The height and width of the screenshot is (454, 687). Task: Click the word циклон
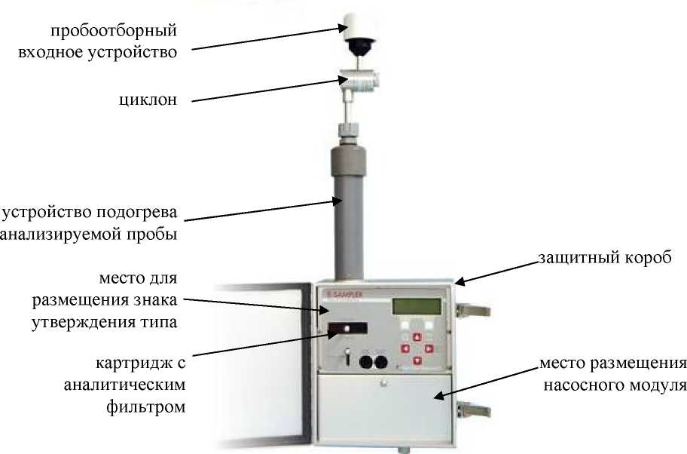(148, 100)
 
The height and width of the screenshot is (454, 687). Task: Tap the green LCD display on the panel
(417, 306)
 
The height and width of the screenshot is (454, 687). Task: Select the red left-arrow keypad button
(405, 348)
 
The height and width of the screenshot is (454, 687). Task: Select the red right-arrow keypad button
(429, 348)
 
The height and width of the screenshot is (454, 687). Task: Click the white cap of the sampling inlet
(359, 26)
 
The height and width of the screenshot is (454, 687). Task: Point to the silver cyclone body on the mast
(359, 81)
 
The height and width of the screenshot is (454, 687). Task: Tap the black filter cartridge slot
(347, 329)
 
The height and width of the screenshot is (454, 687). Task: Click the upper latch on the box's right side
(473, 311)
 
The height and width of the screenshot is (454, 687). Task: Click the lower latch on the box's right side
(473, 410)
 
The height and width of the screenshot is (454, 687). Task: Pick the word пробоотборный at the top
(114, 31)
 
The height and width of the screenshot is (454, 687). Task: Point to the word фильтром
(146, 407)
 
